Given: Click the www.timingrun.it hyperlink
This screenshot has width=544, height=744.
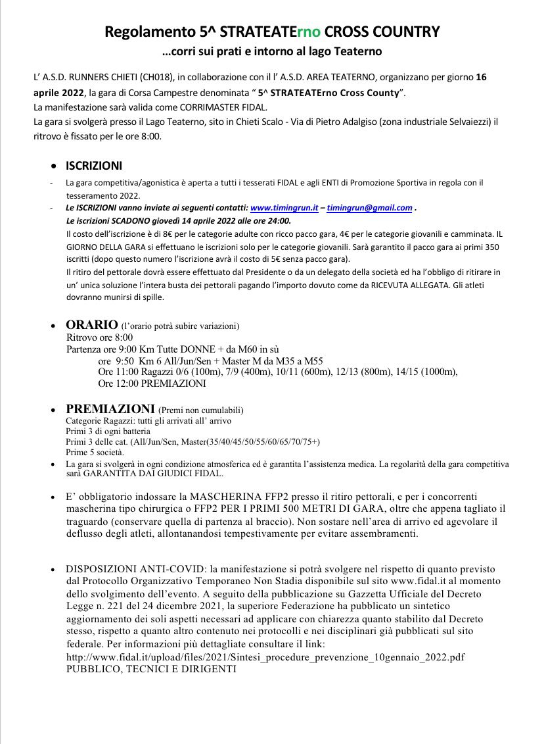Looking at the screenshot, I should click(284, 208).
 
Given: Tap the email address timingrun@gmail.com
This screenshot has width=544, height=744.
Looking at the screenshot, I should click(370, 208).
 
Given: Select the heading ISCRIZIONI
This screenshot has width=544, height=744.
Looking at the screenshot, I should click(93, 166).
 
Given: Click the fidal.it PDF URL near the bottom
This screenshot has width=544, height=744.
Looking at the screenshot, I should click(267, 657).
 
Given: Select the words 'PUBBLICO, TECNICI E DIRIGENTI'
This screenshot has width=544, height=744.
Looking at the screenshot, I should click(150, 669).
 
